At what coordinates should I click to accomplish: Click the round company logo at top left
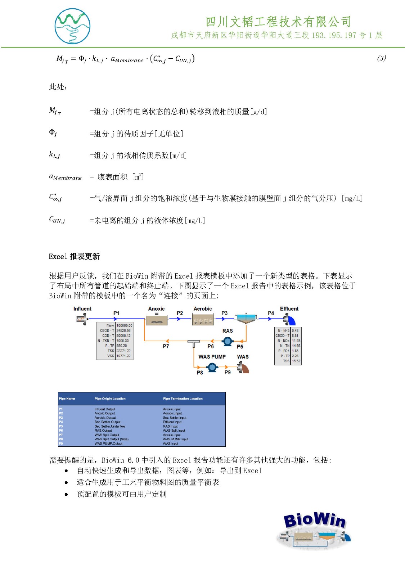click(x=72, y=26)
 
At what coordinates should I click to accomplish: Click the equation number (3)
click(x=381, y=58)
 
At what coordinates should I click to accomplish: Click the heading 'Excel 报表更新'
click(x=74, y=256)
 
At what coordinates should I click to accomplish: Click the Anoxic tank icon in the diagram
click(x=156, y=320)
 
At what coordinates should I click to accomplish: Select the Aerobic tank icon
click(x=203, y=320)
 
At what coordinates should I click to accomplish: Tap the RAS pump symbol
click(x=227, y=341)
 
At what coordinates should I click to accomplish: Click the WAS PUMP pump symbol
click(x=212, y=367)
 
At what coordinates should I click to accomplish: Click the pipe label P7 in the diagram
click(x=166, y=346)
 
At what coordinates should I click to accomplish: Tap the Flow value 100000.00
click(x=124, y=325)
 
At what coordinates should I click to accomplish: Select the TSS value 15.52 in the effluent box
click(x=296, y=361)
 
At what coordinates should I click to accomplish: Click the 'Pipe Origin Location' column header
click(x=110, y=399)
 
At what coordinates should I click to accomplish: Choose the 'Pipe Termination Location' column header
click(x=183, y=399)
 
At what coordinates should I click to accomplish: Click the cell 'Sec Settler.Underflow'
click(x=110, y=426)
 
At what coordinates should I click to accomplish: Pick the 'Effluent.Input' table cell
click(x=172, y=422)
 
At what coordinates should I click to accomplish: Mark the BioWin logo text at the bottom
click(x=314, y=520)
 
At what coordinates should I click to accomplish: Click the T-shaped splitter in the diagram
click(x=194, y=343)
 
